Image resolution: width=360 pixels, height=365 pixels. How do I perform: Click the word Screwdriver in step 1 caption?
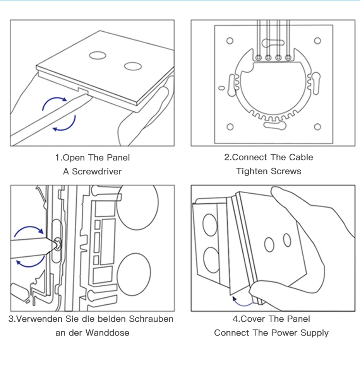pos(97,172)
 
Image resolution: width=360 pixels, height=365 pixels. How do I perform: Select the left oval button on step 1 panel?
pos(98,55)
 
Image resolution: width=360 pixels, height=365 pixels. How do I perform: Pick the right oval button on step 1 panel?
pos(133,66)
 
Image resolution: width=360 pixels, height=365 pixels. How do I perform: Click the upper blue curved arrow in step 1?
pos(54,102)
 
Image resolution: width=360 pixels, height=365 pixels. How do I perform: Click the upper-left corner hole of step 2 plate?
pos(230,41)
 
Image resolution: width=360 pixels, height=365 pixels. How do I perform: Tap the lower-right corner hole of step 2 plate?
pos(317,127)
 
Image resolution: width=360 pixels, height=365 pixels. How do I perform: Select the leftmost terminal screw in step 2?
pos(258,58)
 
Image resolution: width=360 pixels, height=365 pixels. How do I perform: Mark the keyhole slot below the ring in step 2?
pos(274,125)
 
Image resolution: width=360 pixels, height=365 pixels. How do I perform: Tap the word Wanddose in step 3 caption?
pos(108,333)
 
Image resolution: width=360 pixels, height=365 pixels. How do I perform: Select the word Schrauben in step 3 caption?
pos(151,319)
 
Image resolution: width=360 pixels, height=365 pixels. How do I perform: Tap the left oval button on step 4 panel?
pos(269,244)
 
